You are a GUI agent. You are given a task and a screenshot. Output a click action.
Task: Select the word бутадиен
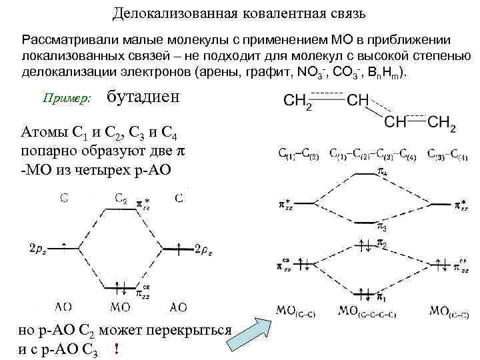pyautogui.click(x=143, y=97)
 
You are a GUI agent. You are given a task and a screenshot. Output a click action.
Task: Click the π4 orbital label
pyautogui.click(x=382, y=172)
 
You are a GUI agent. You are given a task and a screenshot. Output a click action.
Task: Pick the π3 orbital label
pyautogui.click(x=382, y=228)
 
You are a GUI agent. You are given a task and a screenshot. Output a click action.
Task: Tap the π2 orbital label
pyautogui.click(x=382, y=245)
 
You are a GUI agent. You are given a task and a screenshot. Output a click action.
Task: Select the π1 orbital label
pyautogui.click(x=382, y=295)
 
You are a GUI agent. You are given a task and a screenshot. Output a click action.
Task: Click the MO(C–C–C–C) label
pyautogui.click(x=367, y=310)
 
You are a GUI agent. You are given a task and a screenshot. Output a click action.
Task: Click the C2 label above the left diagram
pyautogui.click(x=121, y=198)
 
